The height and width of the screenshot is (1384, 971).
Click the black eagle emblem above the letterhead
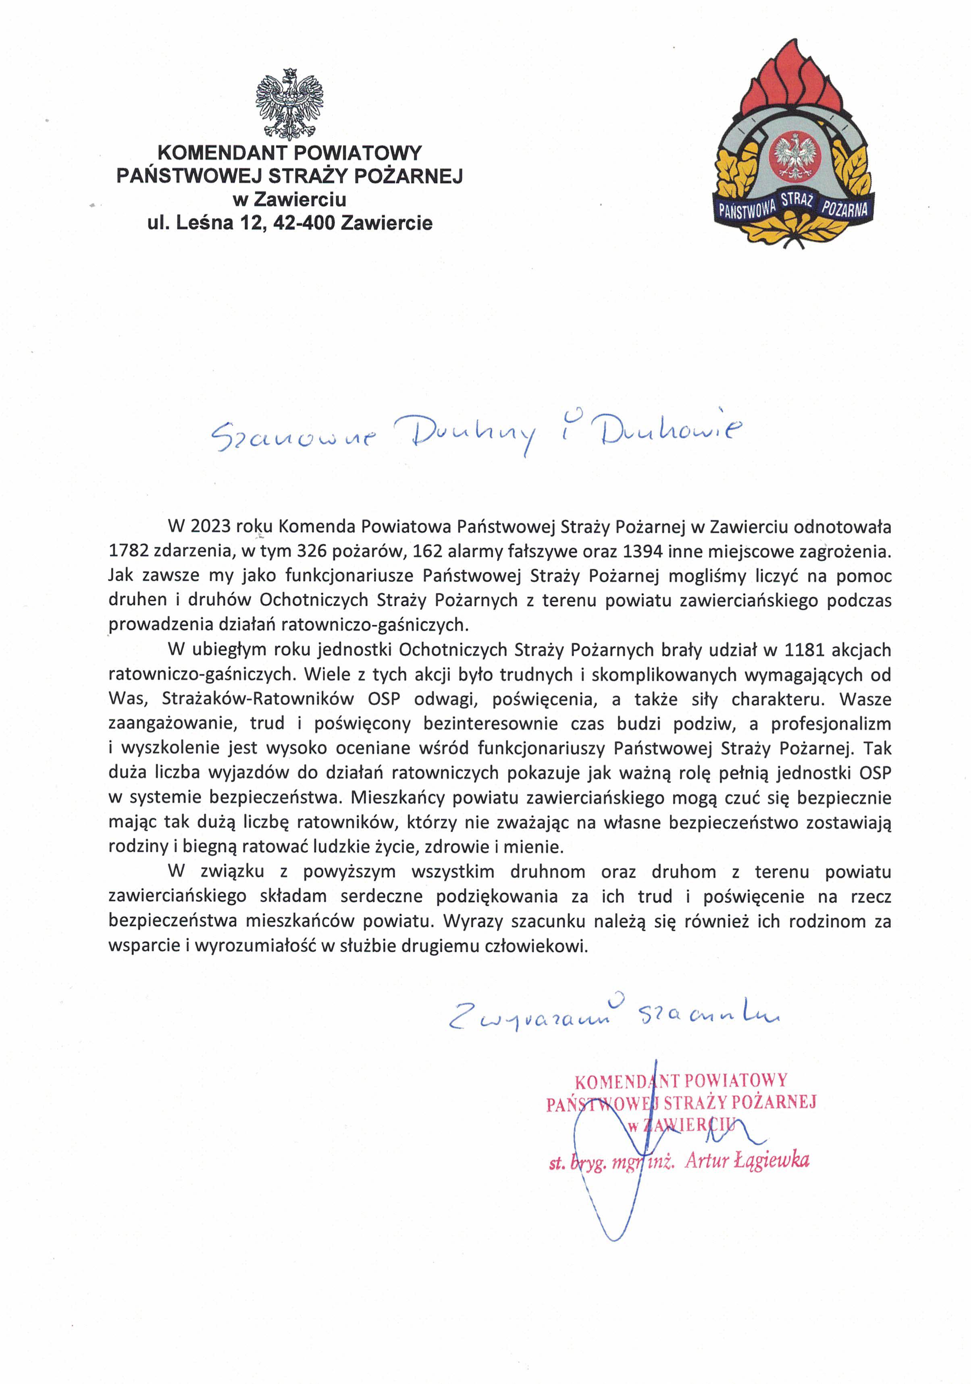(289, 104)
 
